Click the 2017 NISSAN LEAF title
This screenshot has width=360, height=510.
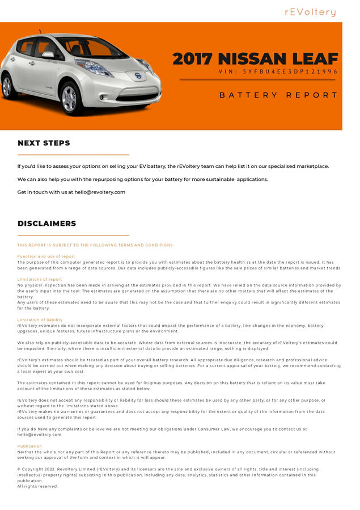click(255, 59)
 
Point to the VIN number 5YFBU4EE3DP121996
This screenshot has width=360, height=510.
click(278, 72)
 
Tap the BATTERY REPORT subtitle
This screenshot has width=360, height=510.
click(278, 95)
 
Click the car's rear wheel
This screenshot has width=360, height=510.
click(7, 86)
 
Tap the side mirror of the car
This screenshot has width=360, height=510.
click(48, 55)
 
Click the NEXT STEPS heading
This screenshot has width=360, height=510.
click(44, 143)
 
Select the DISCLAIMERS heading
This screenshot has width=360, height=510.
click(46, 224)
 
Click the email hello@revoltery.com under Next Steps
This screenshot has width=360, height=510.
click(100, 192)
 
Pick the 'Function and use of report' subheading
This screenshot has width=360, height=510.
click(46, 256)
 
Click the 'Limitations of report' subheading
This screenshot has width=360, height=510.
click(40, 279)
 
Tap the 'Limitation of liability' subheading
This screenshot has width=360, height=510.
click(40, 320)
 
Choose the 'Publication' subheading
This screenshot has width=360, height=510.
click(29, 446)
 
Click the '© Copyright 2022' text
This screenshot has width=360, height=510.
click(40, 470)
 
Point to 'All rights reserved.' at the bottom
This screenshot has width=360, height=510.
click(37, 486)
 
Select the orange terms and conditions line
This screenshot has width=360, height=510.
click(95, 245)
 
